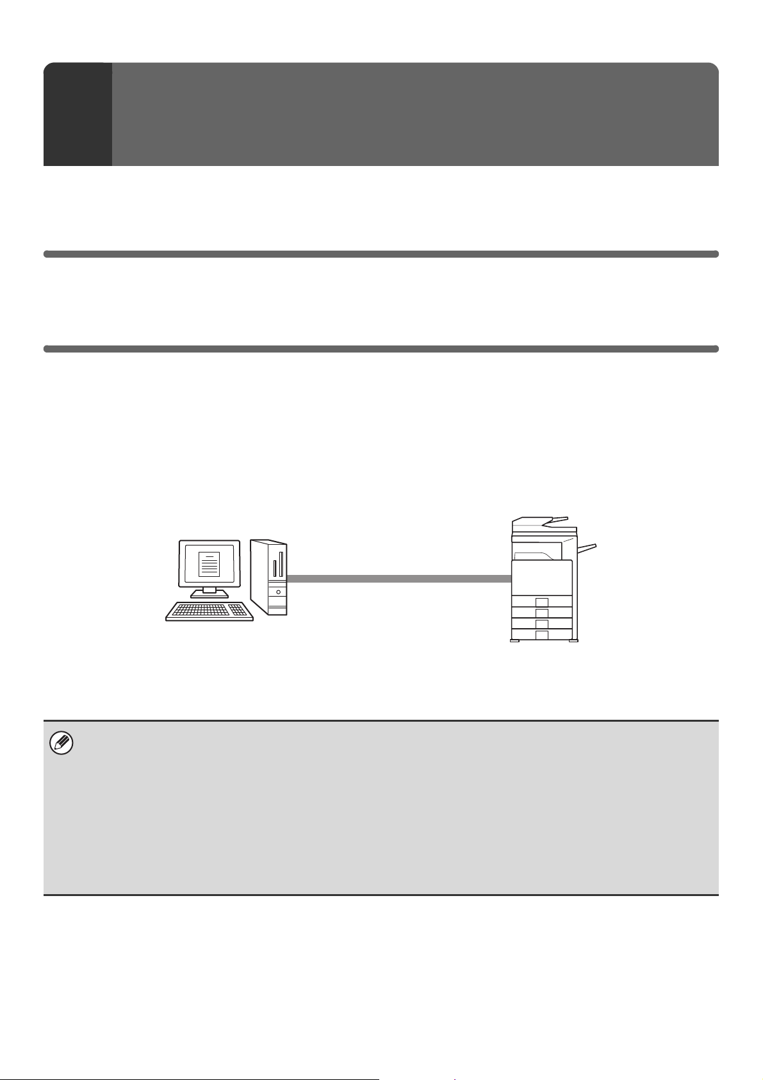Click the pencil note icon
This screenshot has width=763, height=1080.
62,744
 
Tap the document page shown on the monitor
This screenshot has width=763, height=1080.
209,563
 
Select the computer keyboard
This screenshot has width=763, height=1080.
209,611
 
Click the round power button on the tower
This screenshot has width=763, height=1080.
278,592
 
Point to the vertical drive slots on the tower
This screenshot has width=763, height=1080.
277,568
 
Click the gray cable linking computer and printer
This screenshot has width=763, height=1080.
398,579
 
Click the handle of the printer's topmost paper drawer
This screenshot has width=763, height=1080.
542,602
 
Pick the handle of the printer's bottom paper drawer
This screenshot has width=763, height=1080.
542,635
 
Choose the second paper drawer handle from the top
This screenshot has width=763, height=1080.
542,613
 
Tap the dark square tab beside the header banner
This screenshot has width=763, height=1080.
78,114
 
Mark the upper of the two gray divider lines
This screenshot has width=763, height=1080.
381,254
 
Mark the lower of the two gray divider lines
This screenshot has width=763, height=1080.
381,349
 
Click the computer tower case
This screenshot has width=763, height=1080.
269,577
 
